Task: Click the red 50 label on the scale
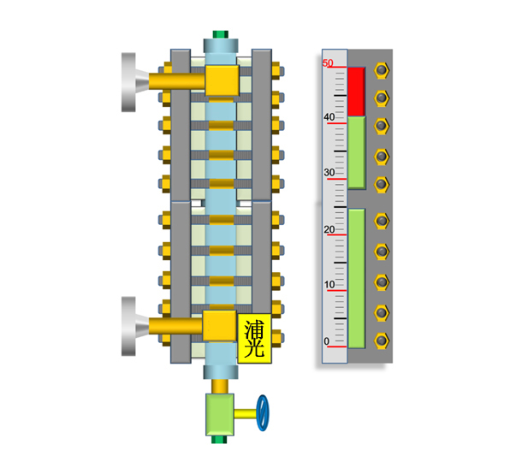(x=328, y=62)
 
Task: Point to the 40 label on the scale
(x=329, y=117)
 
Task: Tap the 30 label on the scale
(x=329, y=173)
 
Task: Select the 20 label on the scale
(x=329, y=229)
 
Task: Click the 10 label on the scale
(x=329, y=285)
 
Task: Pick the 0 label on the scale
(x=327, y=341)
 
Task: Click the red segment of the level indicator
(x=357, y=92)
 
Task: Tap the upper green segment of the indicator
(x=357, y=153)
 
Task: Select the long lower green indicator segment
(x=357, y=279)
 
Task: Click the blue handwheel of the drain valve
(x=263, y=413)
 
